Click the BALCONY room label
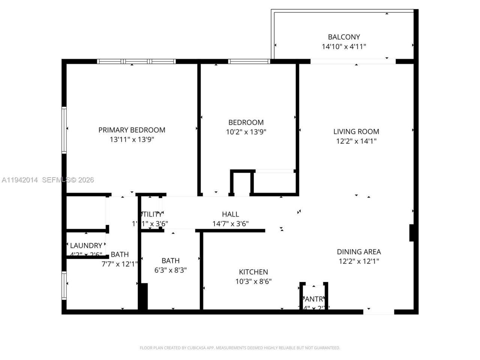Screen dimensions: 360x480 344,37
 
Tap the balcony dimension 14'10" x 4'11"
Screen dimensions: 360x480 344,46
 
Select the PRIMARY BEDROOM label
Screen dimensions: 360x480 132,130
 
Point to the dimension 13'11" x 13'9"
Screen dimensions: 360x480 132,139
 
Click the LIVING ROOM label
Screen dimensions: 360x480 356,131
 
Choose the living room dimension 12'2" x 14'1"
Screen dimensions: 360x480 356,141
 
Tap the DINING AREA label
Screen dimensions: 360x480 358,252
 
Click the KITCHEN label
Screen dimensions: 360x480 253,272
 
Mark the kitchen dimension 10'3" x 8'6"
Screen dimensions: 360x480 253,281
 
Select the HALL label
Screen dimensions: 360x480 230,214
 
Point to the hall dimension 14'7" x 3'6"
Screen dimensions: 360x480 230,224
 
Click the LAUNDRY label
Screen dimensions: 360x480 86,245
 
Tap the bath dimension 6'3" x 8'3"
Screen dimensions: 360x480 170,270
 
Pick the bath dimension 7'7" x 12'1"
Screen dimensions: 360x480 120,264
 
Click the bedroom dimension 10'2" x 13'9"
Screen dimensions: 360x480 246,132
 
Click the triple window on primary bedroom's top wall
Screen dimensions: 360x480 136,61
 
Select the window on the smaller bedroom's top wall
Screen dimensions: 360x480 249,61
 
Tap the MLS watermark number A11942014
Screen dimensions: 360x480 19,180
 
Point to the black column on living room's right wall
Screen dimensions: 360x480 411,233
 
